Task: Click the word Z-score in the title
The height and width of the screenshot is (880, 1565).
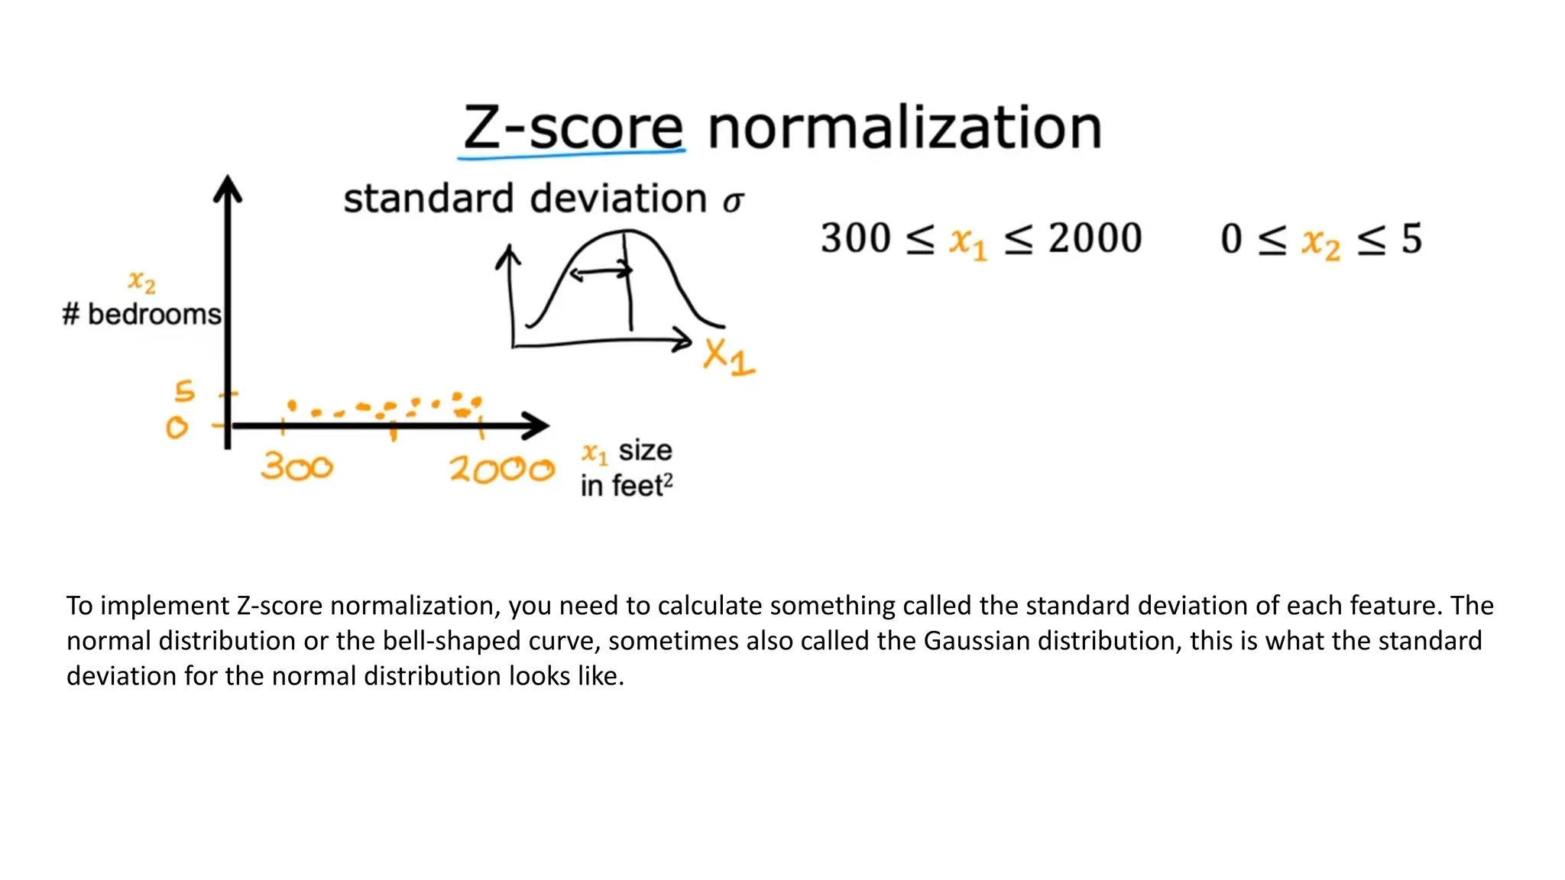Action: tap(573, 128)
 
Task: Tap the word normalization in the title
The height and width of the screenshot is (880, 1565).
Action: tap(905, 128)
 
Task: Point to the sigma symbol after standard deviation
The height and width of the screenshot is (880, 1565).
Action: tap(733, 202)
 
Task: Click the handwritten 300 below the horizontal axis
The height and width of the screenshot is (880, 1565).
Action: tap(296, 466)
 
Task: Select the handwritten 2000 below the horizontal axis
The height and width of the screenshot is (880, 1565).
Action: tap(501, 468)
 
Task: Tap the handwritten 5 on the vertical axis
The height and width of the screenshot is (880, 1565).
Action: tap(184, 392)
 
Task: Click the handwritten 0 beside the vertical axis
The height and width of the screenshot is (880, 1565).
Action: tap(177, 427)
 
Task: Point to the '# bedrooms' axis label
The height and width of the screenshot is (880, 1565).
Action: tap(141, 314)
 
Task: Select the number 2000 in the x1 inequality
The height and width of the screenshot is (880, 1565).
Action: tap(1095, 238)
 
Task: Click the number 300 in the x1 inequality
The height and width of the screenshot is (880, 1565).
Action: tap(856, 238)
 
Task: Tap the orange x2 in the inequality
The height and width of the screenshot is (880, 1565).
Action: tap(1320, 243)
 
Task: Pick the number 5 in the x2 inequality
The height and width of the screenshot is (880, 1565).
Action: tap(1411, 239)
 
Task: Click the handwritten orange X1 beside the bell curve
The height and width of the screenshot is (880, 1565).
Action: tap(728, 357)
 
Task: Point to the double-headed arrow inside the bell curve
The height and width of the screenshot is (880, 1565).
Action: tap(601, 272)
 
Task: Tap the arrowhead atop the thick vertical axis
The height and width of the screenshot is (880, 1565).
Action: tap(228, 188)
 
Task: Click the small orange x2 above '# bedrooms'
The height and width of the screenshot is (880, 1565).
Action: tap(142, 283)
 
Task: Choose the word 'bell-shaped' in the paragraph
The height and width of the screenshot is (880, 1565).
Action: tap(449, 640)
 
